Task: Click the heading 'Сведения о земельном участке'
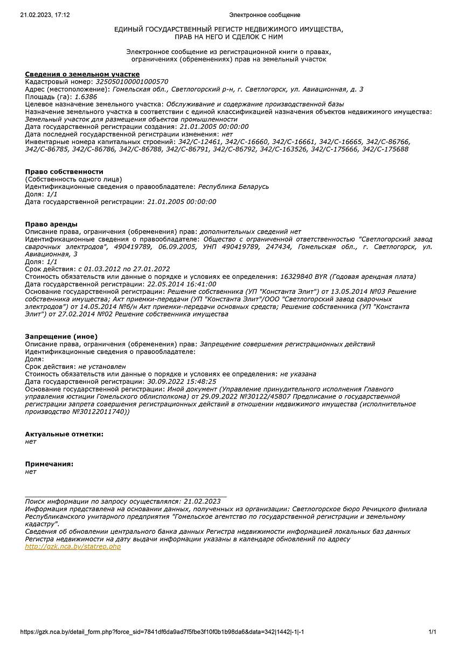[x=82, y=74]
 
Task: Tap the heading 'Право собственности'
[x=64, y=171]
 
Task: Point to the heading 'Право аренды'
[x=51, y=224]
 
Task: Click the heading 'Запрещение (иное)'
[x=61, y=336]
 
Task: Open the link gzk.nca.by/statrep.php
[x=73, y=547]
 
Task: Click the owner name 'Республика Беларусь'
[x=233, y=187]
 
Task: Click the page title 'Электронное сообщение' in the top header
[x=265, y=15]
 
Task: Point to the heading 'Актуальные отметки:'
[x=64, y=434]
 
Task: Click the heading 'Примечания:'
[x=49, y=464]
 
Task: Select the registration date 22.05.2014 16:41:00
[x=182, y=284]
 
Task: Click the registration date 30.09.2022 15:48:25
[x=182, y=381]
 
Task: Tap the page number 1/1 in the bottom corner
[x=432, y=632]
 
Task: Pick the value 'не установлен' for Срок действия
[x=102, y=367]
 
